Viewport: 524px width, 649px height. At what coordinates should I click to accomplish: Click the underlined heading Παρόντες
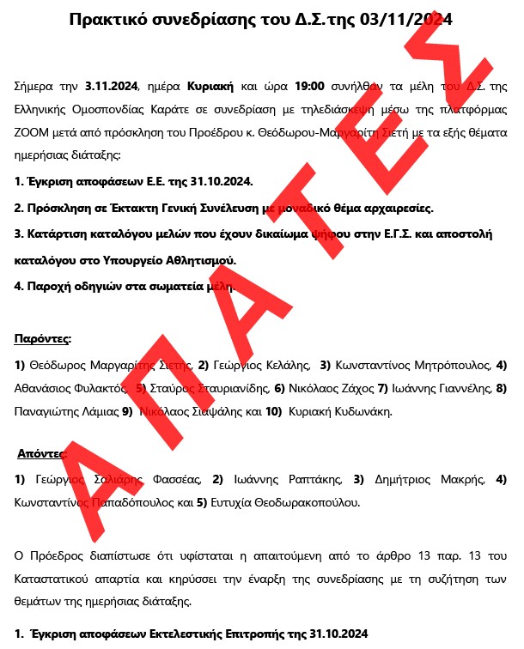click(42, 340)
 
